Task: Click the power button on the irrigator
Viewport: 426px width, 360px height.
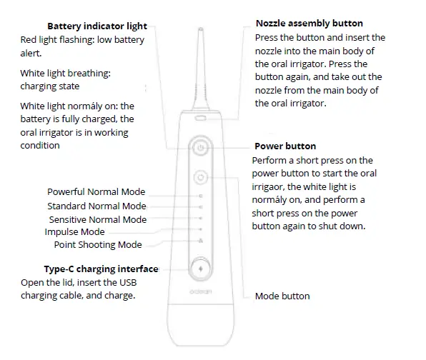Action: pos(201,148)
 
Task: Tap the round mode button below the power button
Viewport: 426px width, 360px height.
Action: pos(201,176)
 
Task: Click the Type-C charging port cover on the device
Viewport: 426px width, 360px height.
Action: pos(201,269)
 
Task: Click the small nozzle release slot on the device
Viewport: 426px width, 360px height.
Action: pos(201,116)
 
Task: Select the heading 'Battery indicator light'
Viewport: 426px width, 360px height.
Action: pos(96,26)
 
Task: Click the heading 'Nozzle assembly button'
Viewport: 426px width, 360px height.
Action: pos(309,24)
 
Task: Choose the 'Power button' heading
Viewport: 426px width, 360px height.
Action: pos(284,146)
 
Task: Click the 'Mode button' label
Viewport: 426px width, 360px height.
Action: pos(282,296)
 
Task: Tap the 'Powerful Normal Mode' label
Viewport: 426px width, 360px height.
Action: pos(96,191)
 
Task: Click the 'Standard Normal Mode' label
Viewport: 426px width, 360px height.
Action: pos(96,206)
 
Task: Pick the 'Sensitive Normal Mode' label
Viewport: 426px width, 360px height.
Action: pos(97,219)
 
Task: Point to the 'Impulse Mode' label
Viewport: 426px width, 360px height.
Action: pos(74,231)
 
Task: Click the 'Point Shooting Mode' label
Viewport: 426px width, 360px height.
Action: pos(98,244)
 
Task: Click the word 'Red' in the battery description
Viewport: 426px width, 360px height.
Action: pos(29,40)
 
